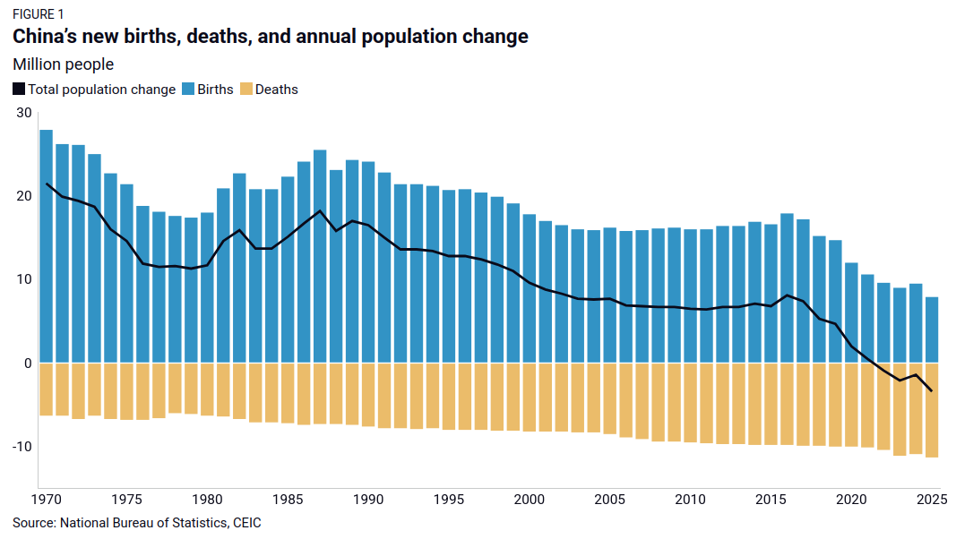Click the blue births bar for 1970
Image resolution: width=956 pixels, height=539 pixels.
tap(47, 246)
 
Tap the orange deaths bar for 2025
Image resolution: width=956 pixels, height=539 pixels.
tap(932, 410)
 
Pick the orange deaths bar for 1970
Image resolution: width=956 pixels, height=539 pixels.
tap(47, 389)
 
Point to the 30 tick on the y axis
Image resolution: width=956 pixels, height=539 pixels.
tap(23, 113)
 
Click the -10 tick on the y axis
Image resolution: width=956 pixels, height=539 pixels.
tap(21, 447)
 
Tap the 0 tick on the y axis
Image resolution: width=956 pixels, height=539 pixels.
tap(27, 364)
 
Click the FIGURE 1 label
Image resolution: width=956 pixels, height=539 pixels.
tap(39, 14)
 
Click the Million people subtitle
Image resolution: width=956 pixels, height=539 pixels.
tap(63, 64)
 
